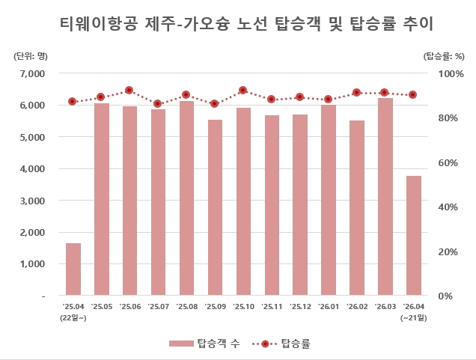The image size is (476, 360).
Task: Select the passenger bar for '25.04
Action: [x=73, y=269]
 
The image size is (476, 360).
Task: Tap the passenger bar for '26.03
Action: [x=385, y=197]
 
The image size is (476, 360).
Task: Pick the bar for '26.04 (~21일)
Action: [x=413, y=236]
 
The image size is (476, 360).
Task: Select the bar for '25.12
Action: [x=300, y=205]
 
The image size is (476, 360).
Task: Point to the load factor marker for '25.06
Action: [x=129, y=91]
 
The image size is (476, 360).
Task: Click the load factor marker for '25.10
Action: [x=242, y=91]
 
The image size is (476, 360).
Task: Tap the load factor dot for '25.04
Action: [x=73, y=102]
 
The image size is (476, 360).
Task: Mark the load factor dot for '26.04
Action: [x=412, y=95]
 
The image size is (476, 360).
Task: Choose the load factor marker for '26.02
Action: [x=356, y=93]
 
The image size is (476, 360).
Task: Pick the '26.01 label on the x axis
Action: [x=329, y=307]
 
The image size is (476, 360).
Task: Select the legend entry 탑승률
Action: [x=294, y=344]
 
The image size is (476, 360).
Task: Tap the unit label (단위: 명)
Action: [x=29, y=55]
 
